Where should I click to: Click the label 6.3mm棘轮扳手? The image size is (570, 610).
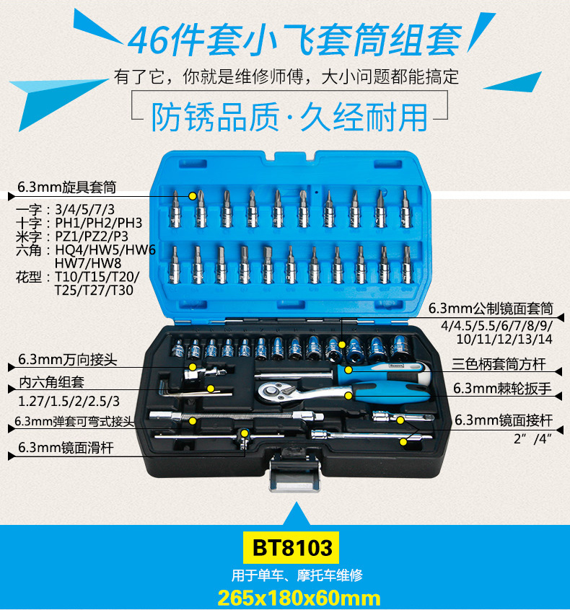(x=501, y=388)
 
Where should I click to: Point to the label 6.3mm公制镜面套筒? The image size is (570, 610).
(x=491, y=309)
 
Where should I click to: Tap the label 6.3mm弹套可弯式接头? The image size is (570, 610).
(x=69, y=422)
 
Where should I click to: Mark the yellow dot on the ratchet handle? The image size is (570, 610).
(x=349, y=394)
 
